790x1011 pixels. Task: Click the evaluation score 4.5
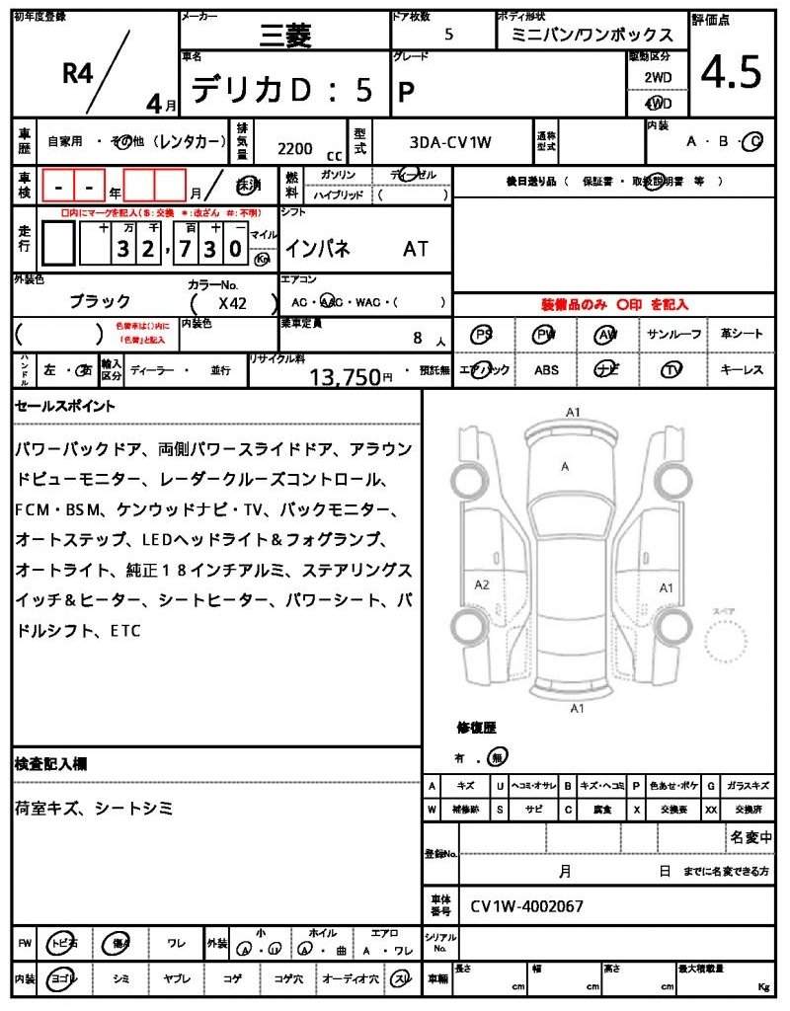(x=731, y=72)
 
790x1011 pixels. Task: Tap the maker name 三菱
(x=284, y=38)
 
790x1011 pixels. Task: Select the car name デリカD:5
(x=281, y=90)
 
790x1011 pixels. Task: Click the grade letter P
(x=405, y=92)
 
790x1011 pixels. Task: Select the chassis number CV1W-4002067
(x=526, y=905)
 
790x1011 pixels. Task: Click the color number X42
(x=233, y=305)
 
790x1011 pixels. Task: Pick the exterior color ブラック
(x=100, y=301)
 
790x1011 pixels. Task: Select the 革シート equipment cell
(x=742, y=335)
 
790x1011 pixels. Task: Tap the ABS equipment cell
(x=546, y=370)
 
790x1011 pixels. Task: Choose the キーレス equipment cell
(x=742, y=370)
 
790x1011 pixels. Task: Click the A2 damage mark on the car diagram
(x=482, y=584)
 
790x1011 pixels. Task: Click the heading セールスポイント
(x=64, y=406)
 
